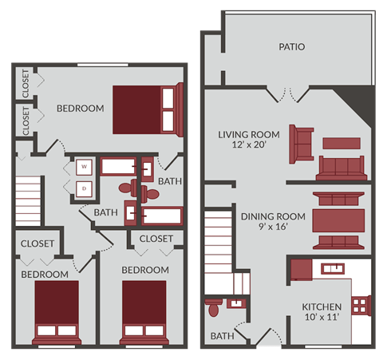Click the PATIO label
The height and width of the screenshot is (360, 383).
(x=291, y=47)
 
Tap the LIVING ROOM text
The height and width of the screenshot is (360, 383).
(x=249, y=134)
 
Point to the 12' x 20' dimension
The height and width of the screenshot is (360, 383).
(x=249, y=147)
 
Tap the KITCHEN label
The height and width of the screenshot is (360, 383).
(x=322, y=307)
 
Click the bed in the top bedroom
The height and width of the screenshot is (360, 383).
(x=144, y=109)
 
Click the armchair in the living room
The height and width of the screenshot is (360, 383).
(x=302, y=141)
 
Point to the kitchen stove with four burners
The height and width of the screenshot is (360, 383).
(x=361, y=304)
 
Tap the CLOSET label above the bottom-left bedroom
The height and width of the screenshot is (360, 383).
(x=37, y=243)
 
